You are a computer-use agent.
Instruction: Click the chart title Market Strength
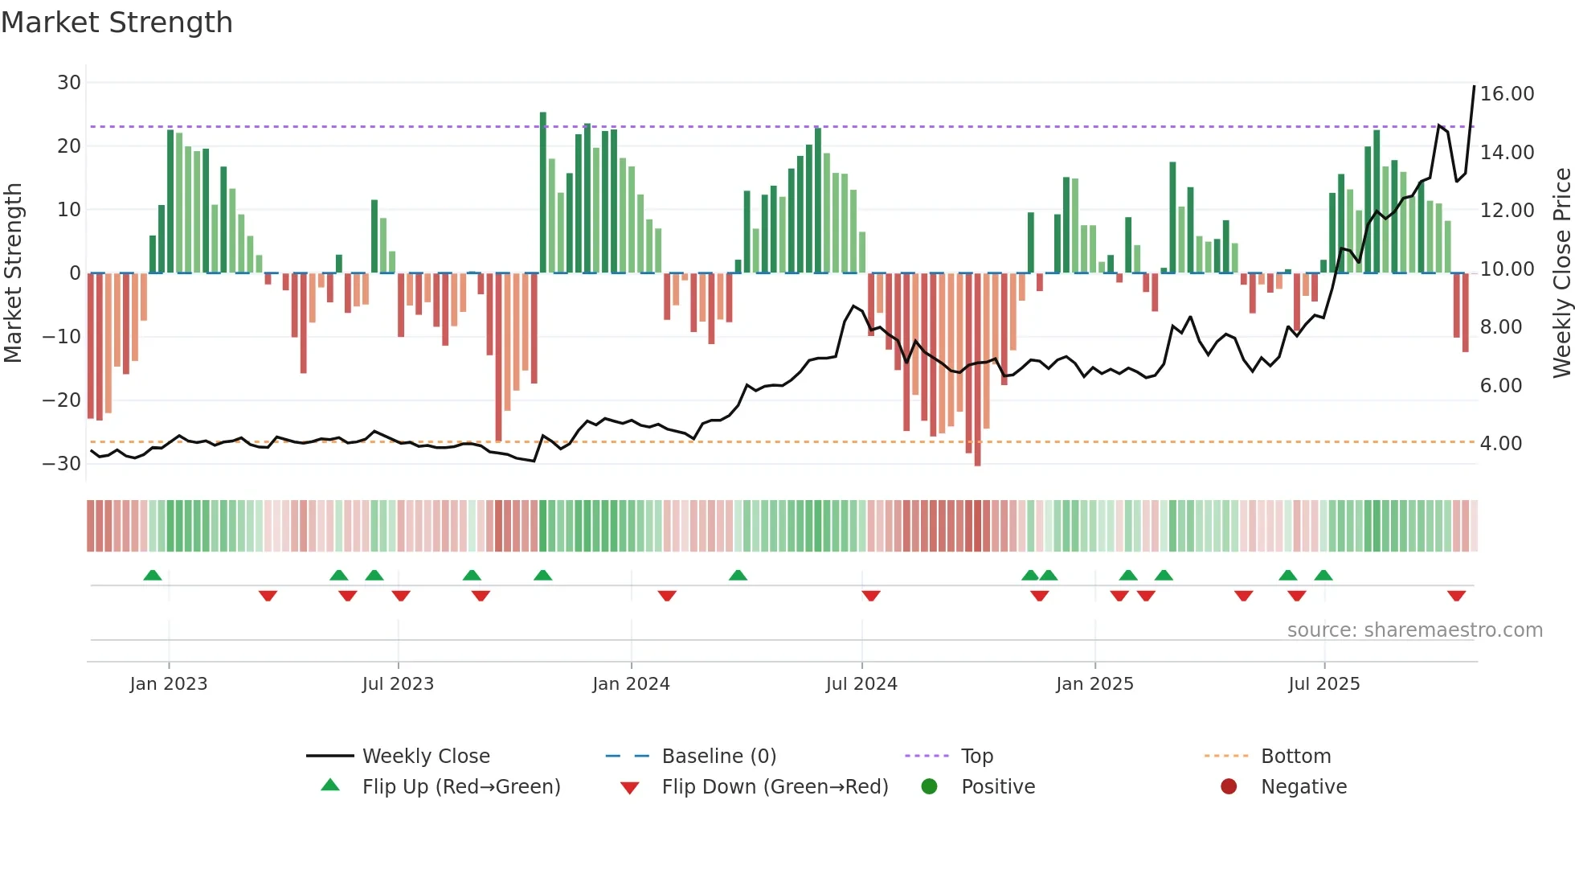click(117, 23)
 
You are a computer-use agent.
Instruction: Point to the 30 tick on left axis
click(69, 83)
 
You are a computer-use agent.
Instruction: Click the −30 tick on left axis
click(62, 464)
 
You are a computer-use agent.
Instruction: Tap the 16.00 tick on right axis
click(1507, 94)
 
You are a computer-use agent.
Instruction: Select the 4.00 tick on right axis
click(1500, 444)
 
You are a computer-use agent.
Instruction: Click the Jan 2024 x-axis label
click(631, 684)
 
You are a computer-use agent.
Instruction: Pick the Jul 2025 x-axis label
click(1323, 684)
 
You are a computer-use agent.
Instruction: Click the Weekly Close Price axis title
click(1561, 273)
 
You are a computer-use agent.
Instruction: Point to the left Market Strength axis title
click(13, 273)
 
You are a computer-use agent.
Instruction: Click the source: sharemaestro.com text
click(1414, 630)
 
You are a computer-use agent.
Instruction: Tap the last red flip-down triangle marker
click(1456, 596)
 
